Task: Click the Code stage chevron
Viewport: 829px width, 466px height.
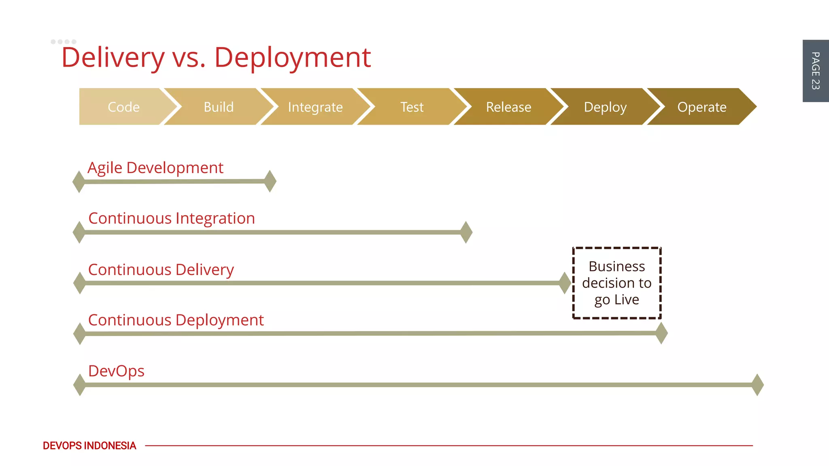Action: click(x=123, y=107)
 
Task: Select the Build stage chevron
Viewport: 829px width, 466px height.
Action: click(x=219, y=107)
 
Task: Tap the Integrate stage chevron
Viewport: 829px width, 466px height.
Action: click(x=315, y=107)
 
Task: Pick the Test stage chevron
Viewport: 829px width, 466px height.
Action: click(x=412, y=107)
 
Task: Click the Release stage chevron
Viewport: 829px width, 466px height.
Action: click(x=508, y=107)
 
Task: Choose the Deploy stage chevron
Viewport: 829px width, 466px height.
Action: click(x=605, y=107)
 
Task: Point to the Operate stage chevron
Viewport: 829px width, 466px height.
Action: click(x=702, y=107)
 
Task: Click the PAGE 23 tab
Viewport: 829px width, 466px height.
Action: click(x=815, y=71)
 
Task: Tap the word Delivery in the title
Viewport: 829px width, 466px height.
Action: click(x=113, y=57)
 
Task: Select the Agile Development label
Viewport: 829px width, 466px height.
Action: click(x=155, y=168)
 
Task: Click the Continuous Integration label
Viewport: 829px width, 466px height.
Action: click(x=172, y=218)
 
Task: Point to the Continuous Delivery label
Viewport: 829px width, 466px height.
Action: click(x=161, y=270)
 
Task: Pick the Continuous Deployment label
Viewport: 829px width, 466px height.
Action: click(x=176, y=320)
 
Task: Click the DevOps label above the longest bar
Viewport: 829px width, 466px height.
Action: click(x=116, y=371)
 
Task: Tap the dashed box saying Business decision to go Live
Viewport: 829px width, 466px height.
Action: click(x=616, y=283)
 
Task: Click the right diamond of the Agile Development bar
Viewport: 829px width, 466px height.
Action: click(x=270, y=181)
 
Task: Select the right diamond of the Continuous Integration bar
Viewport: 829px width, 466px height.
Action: click(x=466, y=232)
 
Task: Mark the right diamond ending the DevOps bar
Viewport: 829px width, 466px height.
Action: click(x=757, y=385)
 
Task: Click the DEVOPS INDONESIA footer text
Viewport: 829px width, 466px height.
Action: click(x=89, y=446)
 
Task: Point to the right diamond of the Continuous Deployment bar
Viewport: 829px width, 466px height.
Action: click(x=661, y=333)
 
